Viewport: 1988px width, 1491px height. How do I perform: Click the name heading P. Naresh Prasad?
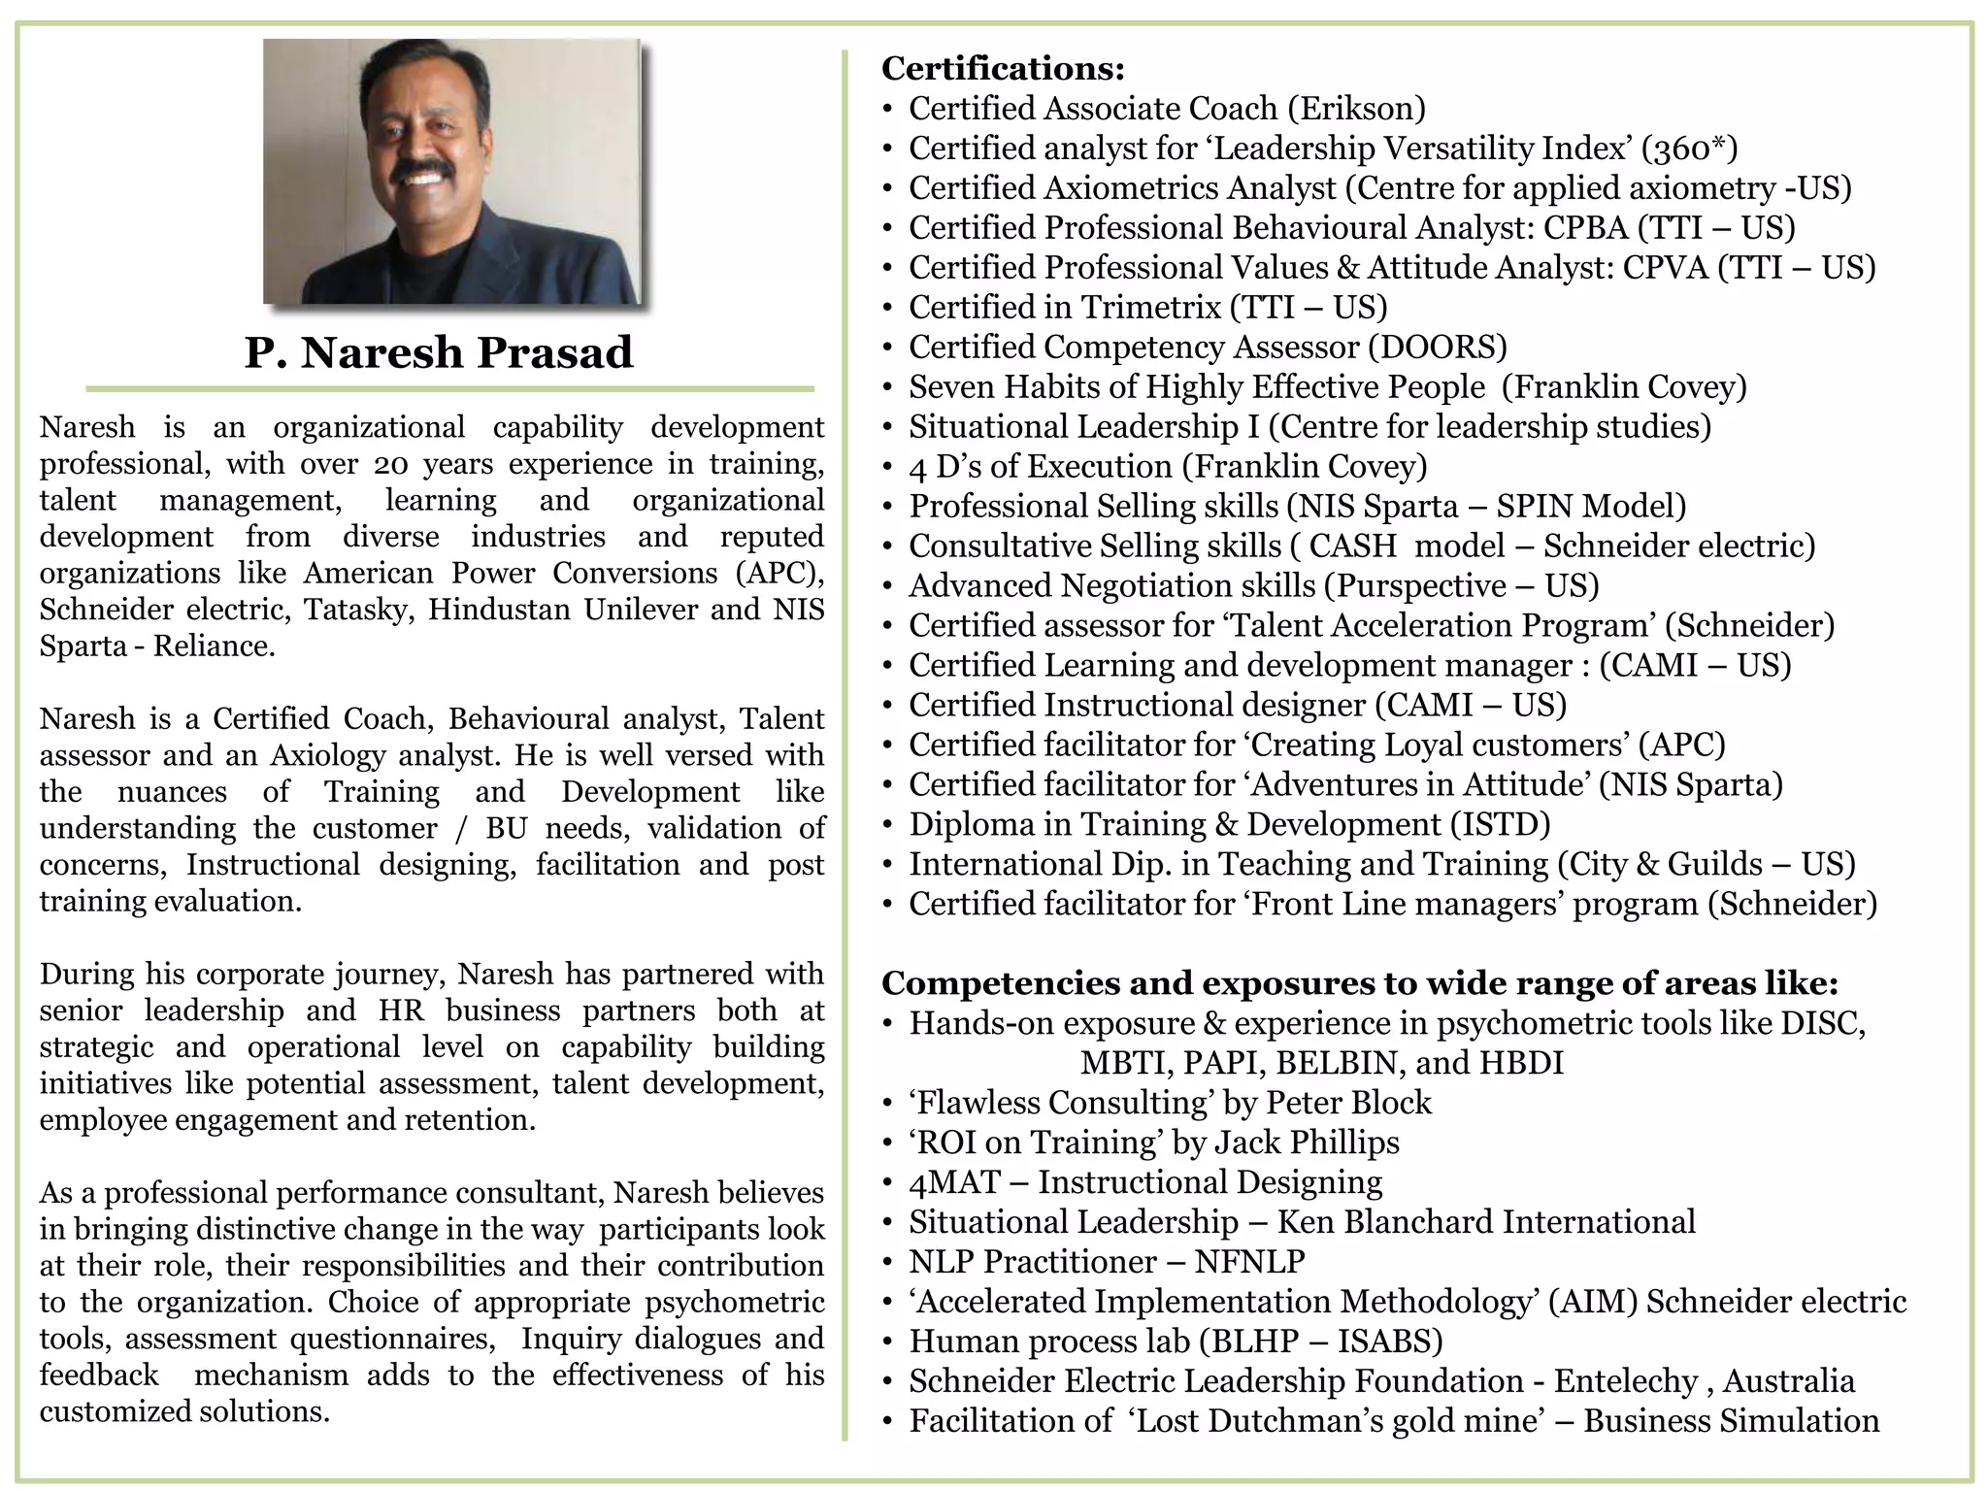(439, 352)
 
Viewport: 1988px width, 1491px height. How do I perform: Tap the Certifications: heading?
(1003, 69)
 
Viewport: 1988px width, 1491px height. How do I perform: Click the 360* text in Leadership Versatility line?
(1688, 149)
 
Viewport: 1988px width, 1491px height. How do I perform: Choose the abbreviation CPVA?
(1665, 268)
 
